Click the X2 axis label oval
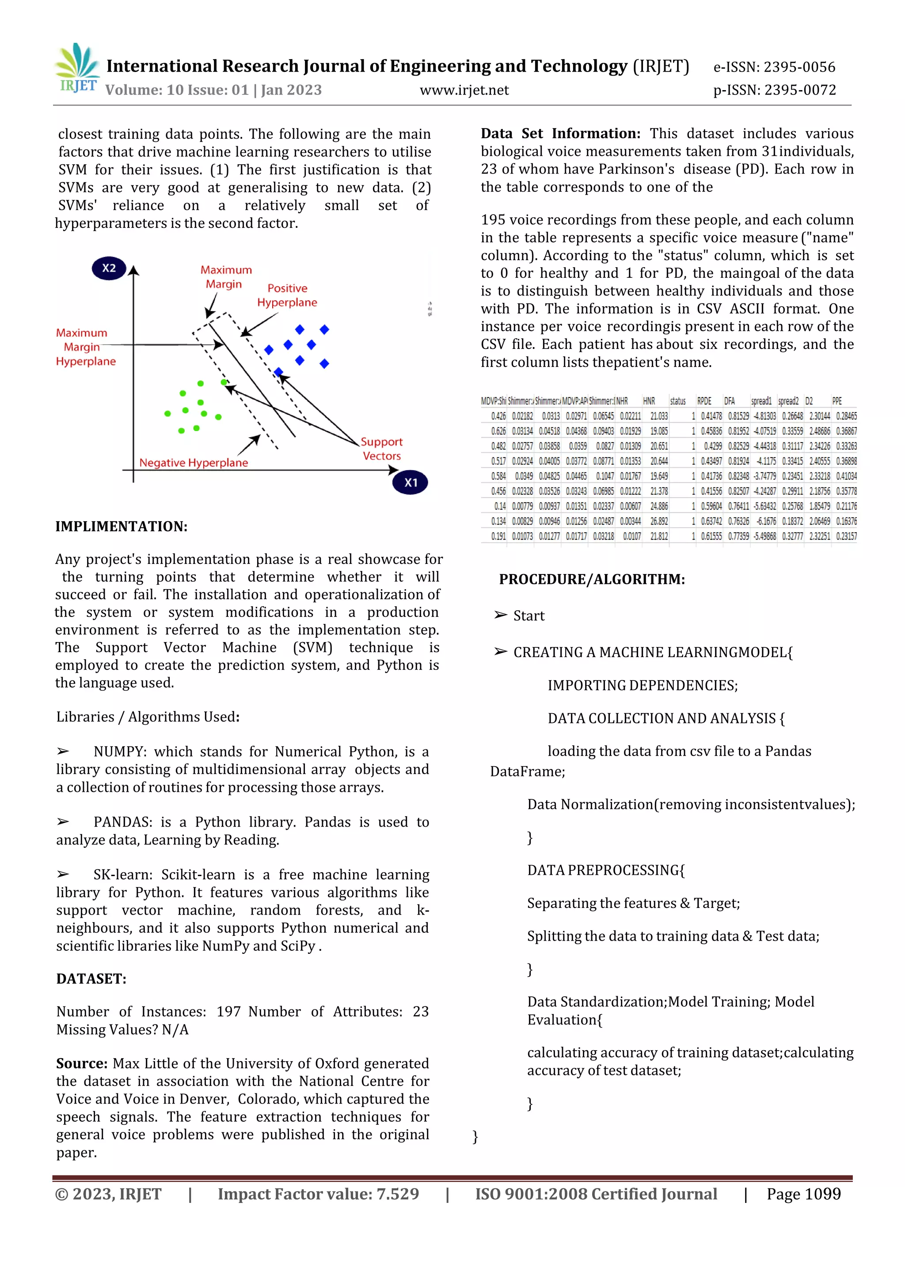pos(109,268)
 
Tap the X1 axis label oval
pos(410,482)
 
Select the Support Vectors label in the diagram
pos(381,449)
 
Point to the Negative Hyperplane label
pos(194,463)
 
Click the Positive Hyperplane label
pos(287,295)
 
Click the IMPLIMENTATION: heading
pos(121,526)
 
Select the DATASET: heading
pos(91,979)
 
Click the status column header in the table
pos(677,401)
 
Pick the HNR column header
pos(649,401)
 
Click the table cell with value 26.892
pos(659,521)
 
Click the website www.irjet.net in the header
pos(464,90)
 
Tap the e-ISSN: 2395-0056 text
pos(774,68)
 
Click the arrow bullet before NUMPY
pos(63,752)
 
